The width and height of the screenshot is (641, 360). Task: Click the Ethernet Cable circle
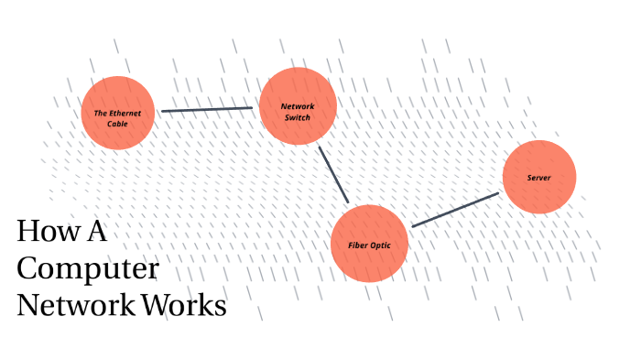point(118,113)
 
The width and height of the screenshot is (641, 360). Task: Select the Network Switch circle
point(298,106)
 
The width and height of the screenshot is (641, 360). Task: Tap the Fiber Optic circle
point(369,244)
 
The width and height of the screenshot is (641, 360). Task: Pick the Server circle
point(539,177)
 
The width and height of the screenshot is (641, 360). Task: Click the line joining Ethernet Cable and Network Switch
point(207,109)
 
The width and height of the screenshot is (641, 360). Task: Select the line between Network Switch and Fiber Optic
point(333,175)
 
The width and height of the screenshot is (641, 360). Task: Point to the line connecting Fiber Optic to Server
point(455,210)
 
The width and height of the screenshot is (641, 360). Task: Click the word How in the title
point(49,231)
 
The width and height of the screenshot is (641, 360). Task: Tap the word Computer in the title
point(88,268)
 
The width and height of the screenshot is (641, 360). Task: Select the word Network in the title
point(76,305)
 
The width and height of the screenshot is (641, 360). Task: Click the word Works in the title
point(184,305)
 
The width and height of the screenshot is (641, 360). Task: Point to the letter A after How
point(97,231)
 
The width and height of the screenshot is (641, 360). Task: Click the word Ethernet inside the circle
point(125,114)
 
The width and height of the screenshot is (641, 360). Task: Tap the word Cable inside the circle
point(117,124)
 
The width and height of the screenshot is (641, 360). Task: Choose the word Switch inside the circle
point(298,118)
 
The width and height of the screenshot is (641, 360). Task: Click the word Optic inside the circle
point(381,245)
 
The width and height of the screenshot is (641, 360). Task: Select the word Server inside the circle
point(538,178)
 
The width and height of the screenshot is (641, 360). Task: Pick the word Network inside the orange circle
point(298,106)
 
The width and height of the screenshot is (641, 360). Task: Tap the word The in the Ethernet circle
point(100,114)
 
